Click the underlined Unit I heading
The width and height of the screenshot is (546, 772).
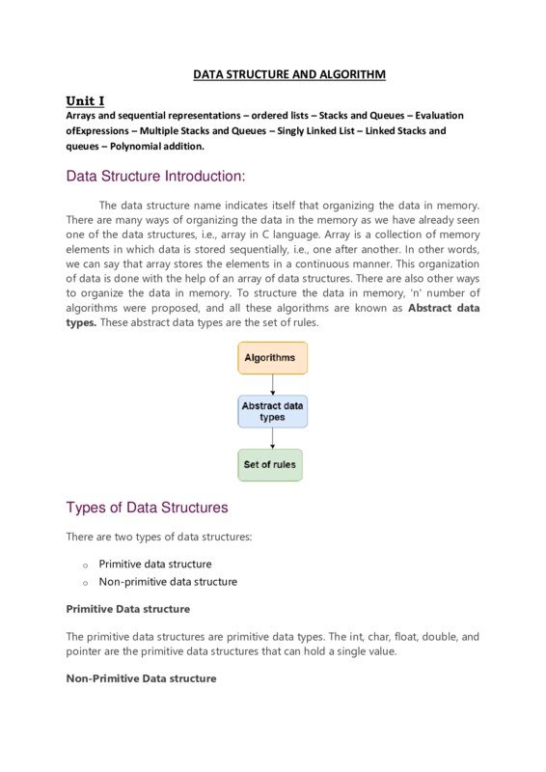coord(85,100)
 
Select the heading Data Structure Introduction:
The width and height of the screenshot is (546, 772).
coord(155,177)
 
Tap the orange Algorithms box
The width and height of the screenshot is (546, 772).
coord(273,358)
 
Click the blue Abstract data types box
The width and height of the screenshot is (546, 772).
coord(273,412)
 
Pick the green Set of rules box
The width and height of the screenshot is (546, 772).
coord(270,465)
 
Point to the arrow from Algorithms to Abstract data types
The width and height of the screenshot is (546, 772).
coord(273,385)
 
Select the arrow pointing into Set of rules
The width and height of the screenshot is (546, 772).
coord(273,439)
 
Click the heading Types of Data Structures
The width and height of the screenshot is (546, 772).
coord(147,508)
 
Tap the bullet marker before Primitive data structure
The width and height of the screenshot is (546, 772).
coord(85,565)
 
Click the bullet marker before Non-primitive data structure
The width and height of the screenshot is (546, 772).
coord(85,584)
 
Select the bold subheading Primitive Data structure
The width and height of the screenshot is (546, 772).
coord(127,609)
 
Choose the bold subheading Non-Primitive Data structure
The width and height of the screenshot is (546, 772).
coord(141,678)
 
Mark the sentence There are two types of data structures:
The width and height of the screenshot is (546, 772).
coord(158,537)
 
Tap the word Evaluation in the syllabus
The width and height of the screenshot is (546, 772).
coord(439,115)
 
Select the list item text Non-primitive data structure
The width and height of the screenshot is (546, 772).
coord(168,582)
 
